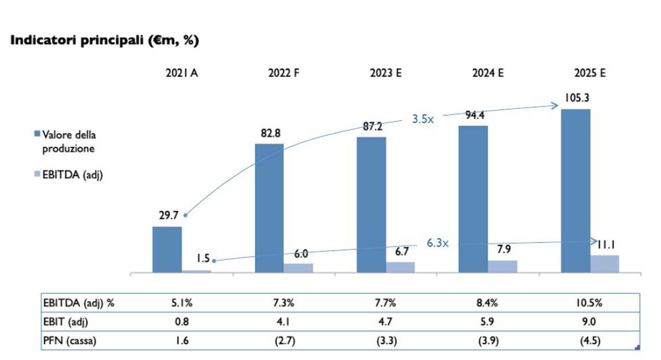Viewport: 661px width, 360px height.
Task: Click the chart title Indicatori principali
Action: (104, 40)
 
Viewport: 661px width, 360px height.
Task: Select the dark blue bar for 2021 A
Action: (167, 249)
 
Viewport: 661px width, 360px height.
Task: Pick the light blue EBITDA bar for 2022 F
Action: (298, 268)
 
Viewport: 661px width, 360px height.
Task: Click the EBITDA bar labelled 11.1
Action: (605, 264)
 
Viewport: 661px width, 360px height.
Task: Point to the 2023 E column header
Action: (386, 73)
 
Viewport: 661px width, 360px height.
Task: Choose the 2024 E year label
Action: (488, 73)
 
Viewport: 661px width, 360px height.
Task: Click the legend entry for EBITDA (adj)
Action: (72, 175)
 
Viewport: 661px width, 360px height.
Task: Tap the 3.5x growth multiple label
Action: (423, 119)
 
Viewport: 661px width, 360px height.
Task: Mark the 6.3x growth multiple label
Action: (437, 243)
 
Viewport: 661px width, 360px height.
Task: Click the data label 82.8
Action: (271, 133)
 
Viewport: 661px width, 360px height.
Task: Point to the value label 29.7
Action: (168, 215)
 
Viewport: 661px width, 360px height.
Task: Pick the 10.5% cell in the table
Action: (589, 303)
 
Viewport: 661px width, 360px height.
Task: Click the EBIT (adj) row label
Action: (65, 322)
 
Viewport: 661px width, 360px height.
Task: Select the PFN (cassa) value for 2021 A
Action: (182, 341)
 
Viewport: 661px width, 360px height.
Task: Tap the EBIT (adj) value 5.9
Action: (487, 322)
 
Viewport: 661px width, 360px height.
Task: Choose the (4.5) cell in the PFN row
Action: (590, 341)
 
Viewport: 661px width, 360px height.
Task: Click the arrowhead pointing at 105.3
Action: (555, 105)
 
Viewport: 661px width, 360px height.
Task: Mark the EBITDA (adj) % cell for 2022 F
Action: (283, 303)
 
